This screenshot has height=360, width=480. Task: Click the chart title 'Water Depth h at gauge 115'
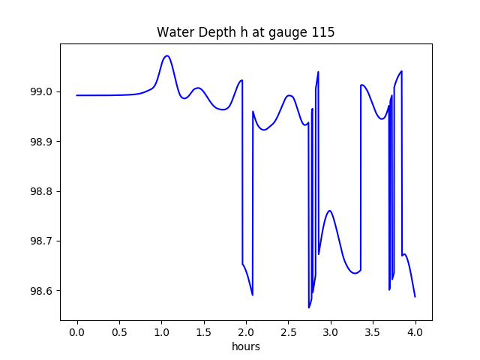(245, 33)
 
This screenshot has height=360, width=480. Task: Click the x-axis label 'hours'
(246, 347)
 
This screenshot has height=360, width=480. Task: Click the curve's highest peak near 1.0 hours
(167, 55)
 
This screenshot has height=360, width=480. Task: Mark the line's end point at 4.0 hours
(415, 297)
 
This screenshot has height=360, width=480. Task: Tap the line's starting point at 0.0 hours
(77, 95)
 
